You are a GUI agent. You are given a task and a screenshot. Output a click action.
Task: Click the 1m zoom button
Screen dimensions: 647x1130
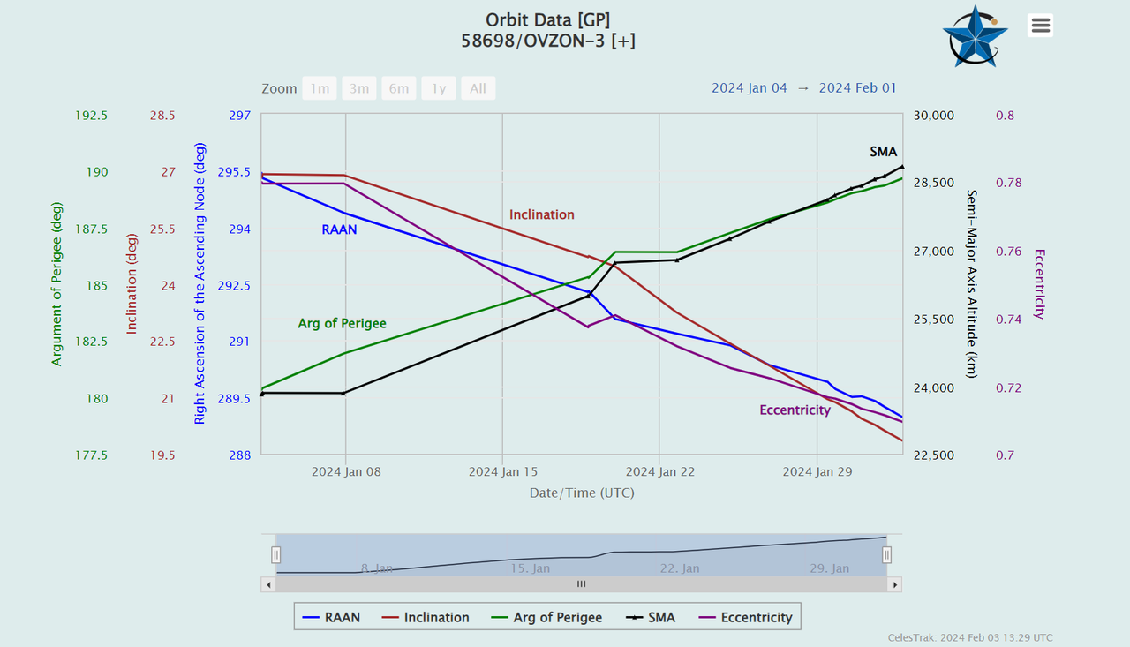pos(320,88)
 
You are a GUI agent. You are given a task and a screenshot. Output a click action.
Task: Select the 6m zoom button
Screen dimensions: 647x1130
pos(399,88)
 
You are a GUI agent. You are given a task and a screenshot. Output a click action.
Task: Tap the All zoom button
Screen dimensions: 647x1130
pos(478,88)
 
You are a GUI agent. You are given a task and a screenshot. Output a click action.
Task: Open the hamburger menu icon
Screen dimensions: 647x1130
pos(1041,26)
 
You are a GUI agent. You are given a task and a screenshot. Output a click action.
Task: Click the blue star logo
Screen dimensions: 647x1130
pos(974,36)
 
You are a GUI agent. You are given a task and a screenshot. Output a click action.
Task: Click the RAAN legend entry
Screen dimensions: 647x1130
pos(331,617)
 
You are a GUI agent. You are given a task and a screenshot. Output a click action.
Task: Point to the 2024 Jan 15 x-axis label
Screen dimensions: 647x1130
pos(502,471)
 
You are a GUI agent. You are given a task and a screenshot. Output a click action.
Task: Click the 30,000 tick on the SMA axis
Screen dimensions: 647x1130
pos(933,116)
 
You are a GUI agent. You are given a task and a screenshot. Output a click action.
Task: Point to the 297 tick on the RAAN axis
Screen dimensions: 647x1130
pos(240,116)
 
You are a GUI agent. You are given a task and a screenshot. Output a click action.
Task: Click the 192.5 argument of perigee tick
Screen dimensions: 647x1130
pos(92,116)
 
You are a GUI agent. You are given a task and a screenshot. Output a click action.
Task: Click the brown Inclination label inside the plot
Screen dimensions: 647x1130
pos(541,214)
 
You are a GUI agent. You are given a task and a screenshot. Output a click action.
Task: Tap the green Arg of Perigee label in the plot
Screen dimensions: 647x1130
pos(342,324)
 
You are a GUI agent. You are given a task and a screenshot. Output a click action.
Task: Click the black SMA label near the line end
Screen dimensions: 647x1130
pos(883,152)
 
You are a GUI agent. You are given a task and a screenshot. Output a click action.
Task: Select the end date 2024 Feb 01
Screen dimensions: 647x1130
pos(857,87)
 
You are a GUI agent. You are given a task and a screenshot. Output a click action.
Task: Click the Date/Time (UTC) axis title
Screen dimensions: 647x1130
pos(582,493)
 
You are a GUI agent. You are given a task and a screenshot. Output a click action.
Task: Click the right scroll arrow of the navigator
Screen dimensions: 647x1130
pos(895,584)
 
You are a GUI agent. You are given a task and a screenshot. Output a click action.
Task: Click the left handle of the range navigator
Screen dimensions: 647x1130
pos(275,554)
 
